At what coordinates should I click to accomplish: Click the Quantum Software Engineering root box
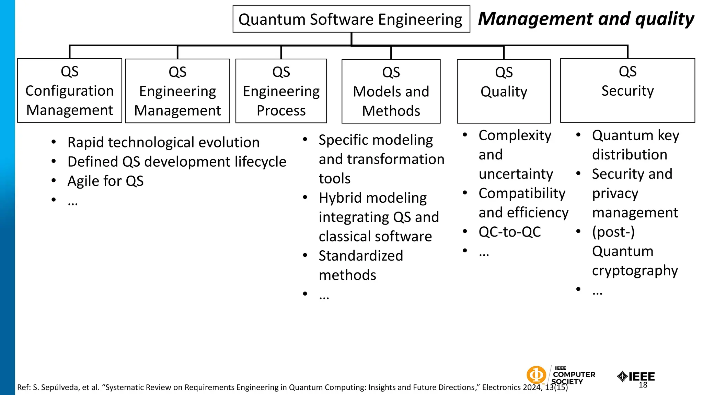(x=351, y=19)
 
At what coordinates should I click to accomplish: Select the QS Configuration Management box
(x=70, y=91)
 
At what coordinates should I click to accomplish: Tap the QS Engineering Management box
(x=177, y=91)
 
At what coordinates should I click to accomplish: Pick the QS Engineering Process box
(x=281, y=91)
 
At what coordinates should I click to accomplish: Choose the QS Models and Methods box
(x=391, y=92)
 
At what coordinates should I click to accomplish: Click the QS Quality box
(x=504, y=91)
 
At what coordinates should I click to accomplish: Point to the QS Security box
(x=627, y=91)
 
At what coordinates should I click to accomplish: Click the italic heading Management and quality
(x=586, y=19)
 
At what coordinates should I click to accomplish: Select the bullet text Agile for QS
(x=105, y=181)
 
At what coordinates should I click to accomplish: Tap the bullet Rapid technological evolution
(x=163, y=143)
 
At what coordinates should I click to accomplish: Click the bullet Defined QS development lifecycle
(x=177, y=162)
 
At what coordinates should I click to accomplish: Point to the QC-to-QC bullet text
(x=510, y=232)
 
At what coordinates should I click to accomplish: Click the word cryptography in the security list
(x=635, y=271)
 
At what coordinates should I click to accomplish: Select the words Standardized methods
(x=360, y=265)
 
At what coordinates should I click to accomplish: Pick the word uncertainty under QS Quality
(x=516, y=174)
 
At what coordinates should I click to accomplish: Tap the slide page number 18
(x=643, y=385)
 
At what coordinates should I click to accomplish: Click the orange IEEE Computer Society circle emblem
(x=536, y=375)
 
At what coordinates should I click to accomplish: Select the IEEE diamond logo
(x=622, y=376)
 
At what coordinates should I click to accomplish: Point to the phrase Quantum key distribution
(x=635, y=145)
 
